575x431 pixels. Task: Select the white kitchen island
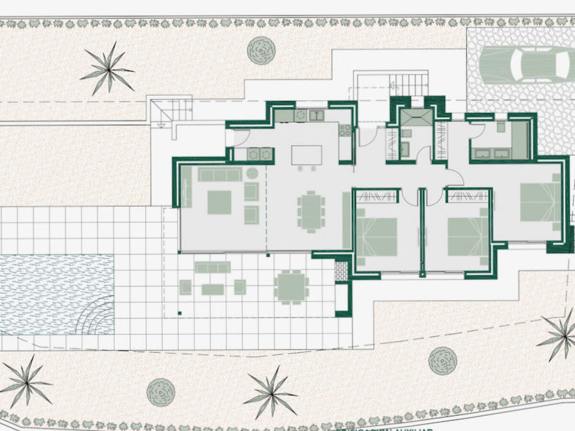307,155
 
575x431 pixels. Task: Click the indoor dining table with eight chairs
311,211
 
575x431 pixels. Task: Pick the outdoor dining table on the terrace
291,287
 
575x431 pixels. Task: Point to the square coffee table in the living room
219,202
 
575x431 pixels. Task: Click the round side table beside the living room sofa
253,173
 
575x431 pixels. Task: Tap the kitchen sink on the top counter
316,115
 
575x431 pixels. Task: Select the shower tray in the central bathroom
416,117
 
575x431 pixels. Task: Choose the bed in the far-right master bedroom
540,202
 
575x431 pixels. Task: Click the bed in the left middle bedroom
377,237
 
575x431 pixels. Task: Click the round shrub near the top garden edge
261,50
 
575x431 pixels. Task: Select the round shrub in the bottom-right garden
442,361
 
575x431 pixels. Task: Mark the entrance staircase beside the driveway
408,85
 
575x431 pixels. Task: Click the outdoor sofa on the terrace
212,267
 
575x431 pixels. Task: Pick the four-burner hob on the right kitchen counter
345,130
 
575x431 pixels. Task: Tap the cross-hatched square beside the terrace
341,271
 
